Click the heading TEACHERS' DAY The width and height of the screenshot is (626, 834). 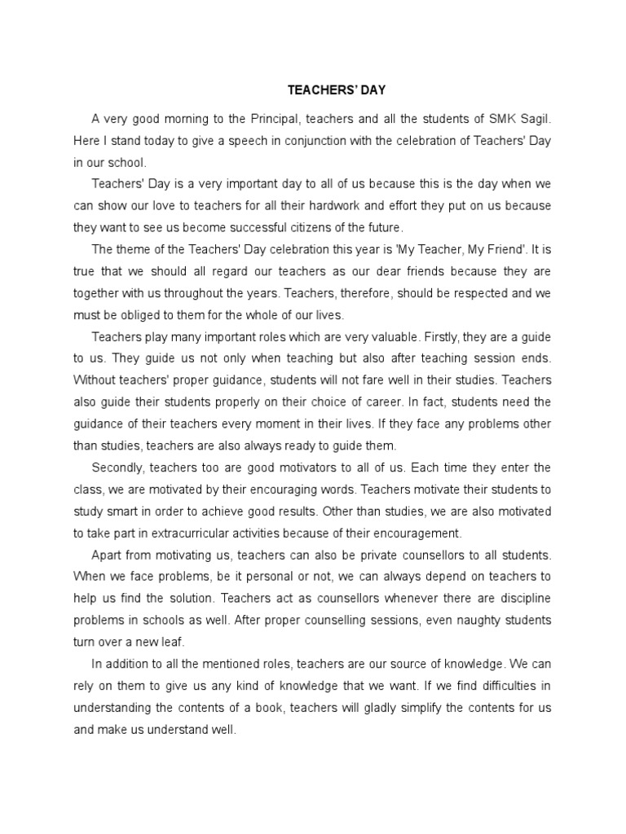pyautogui.click(x=325, y=90)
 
